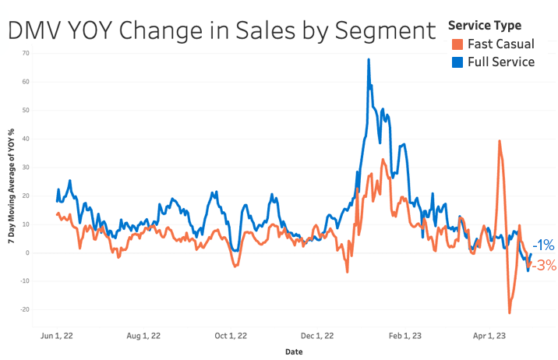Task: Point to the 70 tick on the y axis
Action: tap(26, 53)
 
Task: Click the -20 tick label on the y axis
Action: tap(25, 309)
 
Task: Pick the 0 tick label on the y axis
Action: tap(27, 252)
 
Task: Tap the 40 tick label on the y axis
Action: tap(26, 139)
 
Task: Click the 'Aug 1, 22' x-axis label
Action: tap(143, 336)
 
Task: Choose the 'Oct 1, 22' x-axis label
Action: tap(231, 336)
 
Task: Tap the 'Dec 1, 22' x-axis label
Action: tap(317, 336)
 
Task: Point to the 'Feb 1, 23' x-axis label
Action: tap(404, 336)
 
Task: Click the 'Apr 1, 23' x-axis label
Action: tap(489, 336)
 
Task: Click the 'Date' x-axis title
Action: tap(294, 351)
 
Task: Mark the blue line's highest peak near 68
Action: tap(369, 59)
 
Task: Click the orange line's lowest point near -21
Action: tap(510, 312)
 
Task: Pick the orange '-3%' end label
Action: tap(544, 266)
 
